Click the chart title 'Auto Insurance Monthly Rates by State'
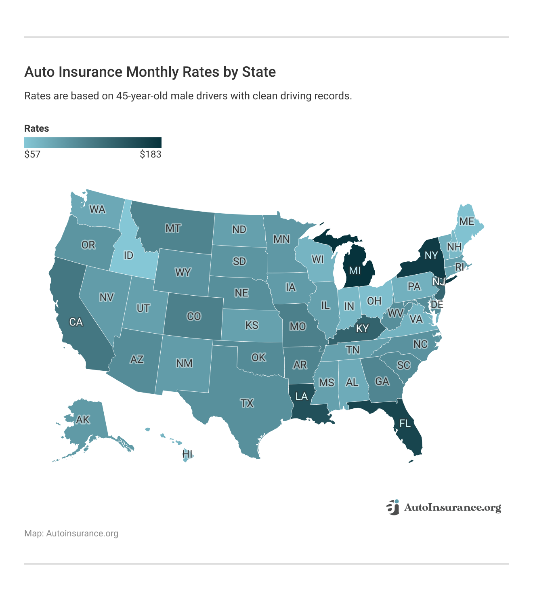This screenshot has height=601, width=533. click(x=150, y=72)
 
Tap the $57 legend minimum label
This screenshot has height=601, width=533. click(x=32, y=154)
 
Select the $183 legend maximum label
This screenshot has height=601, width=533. click(x=150, y=154)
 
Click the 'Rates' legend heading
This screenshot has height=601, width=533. click(x=36, y=128)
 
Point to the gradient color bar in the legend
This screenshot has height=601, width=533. click(x=92, y=143)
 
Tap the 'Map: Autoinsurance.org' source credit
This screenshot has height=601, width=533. click(x=71, y=533)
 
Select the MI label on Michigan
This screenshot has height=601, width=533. click(x=355, y=271)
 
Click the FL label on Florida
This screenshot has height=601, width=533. click(x=405, y=423)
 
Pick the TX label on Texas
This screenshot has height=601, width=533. click(x=247, y=403)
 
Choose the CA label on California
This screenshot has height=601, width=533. click(x=76, y=322)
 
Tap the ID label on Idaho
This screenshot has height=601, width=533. click(x=128, y=255)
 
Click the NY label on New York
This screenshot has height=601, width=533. click(x=431, y=255)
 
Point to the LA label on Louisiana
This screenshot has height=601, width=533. click(x=301, y=396)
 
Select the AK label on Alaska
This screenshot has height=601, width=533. click(x=83, y=420)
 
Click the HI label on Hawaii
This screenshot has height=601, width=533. click(x=187, y=454)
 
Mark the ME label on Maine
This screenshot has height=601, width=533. click(x=466, y=221)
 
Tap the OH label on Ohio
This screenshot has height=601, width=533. click(x=374, y=301)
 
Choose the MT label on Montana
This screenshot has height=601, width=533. click(x=173, y=229)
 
